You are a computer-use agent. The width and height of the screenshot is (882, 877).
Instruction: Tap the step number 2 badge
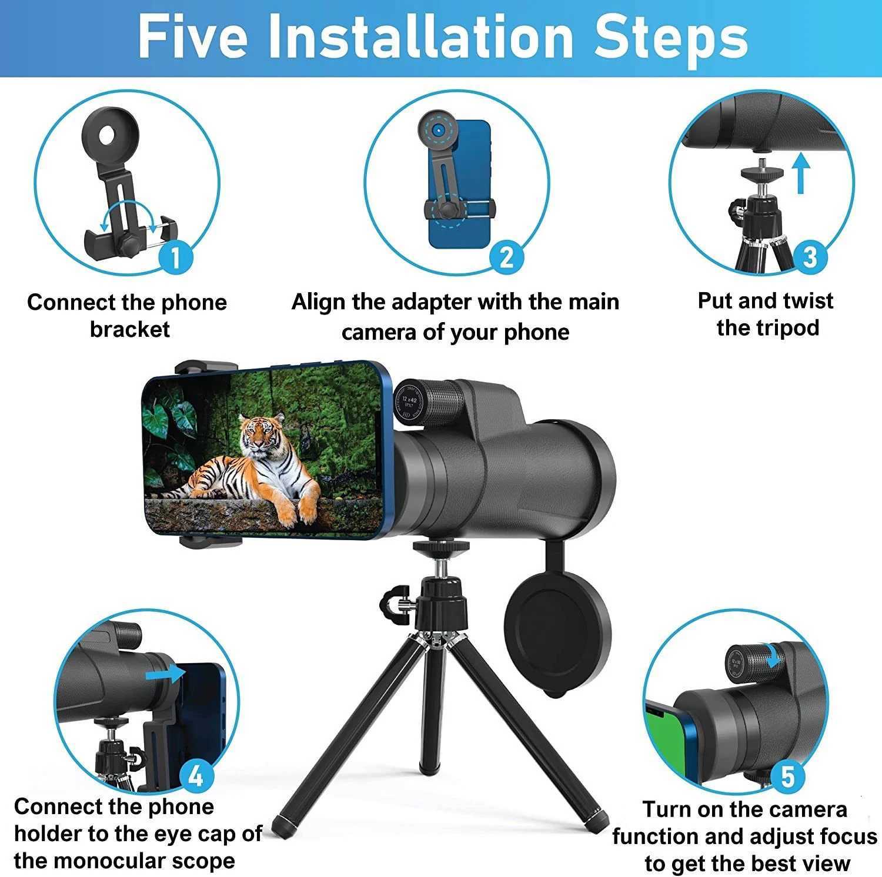[506, 257]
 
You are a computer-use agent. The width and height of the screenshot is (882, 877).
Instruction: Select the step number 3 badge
[810, 257]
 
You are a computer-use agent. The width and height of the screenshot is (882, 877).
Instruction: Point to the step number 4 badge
[195, 776]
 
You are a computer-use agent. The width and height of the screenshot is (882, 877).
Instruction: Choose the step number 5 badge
[787, 776]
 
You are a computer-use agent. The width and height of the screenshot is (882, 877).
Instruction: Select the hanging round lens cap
[557, 635]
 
